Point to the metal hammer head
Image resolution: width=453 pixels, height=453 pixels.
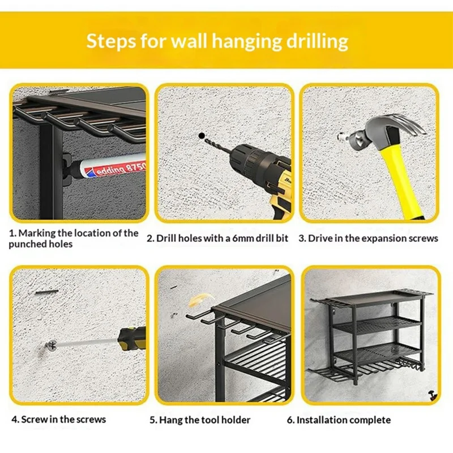click(x=396, y=127)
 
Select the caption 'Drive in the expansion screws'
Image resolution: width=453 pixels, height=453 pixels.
click(x=369, y=238)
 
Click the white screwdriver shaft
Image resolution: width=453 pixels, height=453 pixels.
click(x=85, y=341)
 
